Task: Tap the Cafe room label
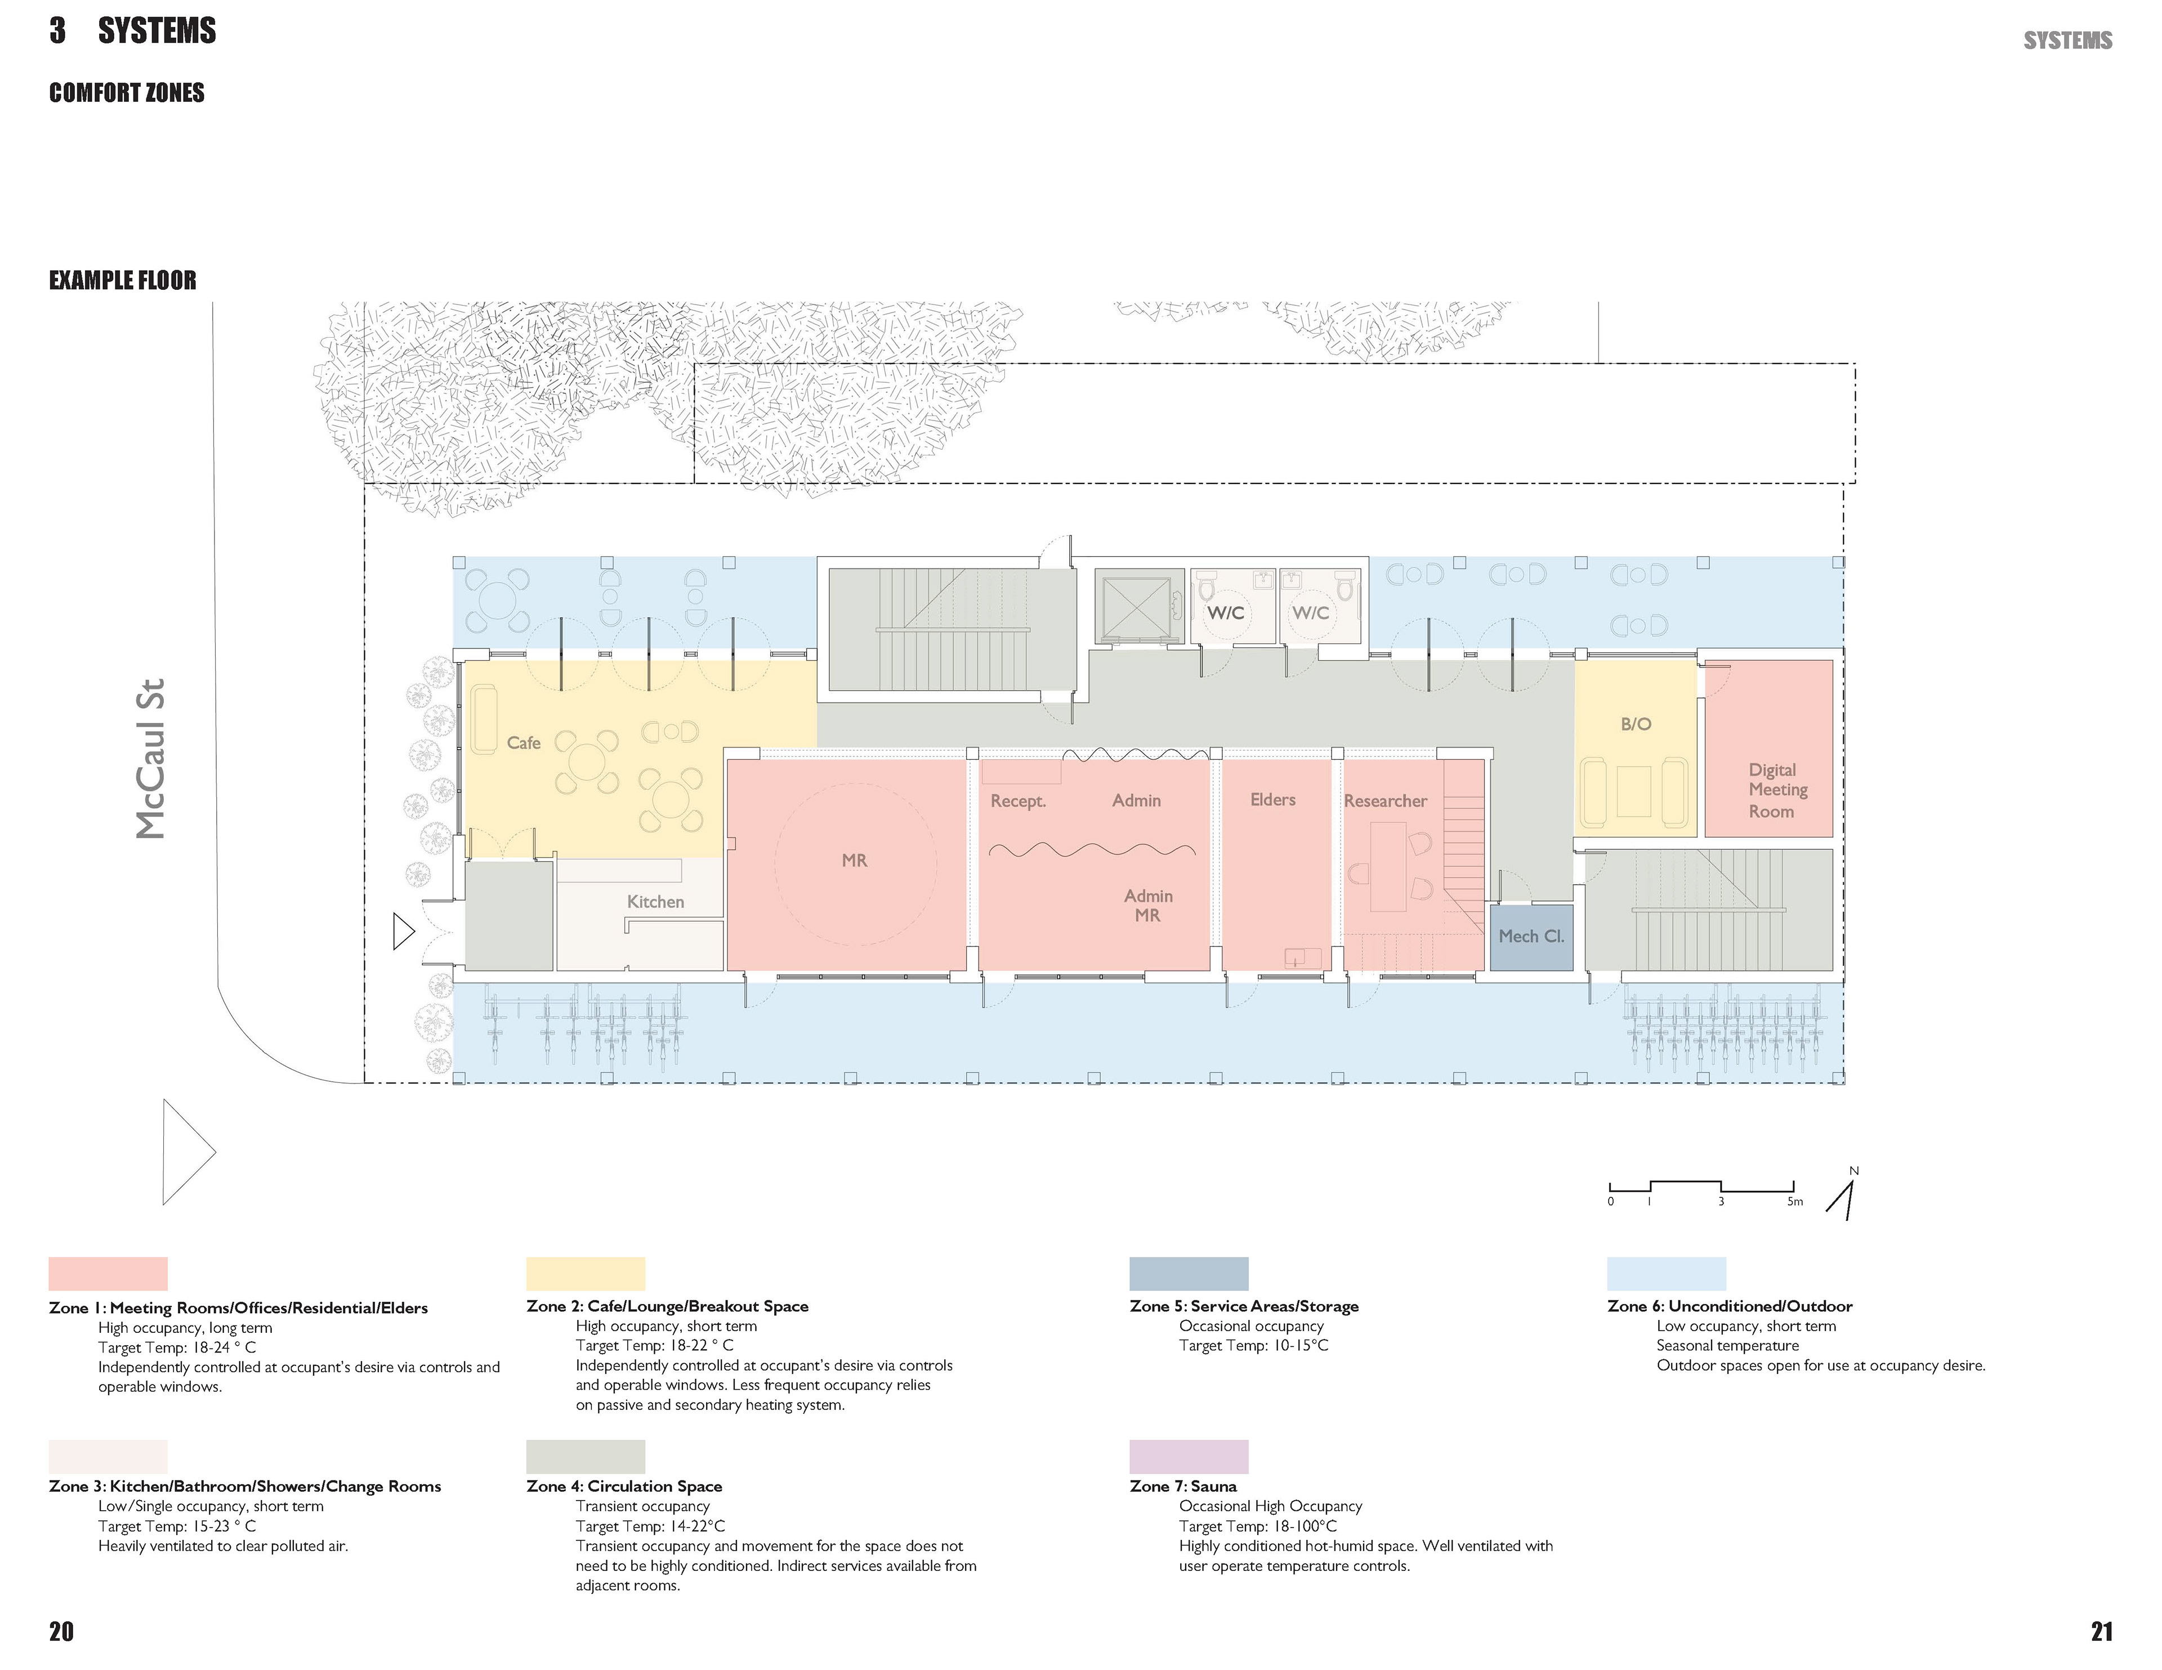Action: point(524,742)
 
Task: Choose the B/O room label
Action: point(1636,724)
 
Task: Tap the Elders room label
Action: point(1273,799)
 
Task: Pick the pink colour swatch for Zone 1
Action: point(108,1273)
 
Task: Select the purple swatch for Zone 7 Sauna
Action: point(1189,1456)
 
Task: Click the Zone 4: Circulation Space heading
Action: point(624,1486)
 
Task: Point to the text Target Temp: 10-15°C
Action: point(1253,1345)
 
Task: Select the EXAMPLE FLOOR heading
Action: point(123,280)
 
